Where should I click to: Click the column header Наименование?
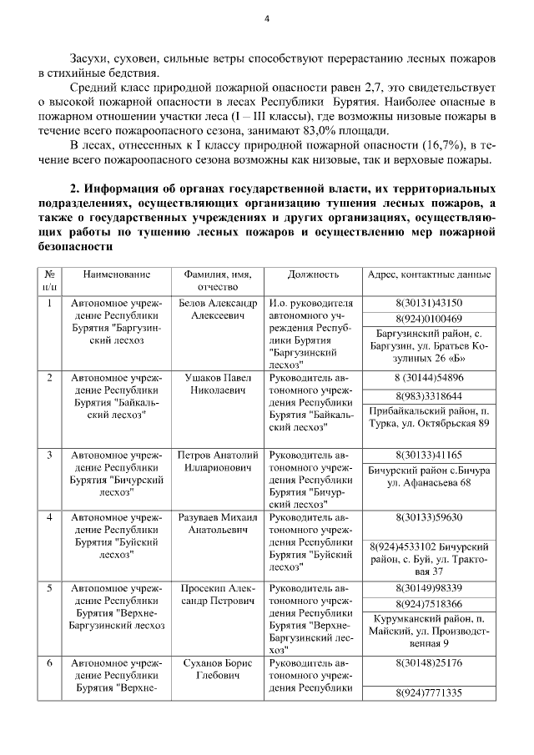(x=116, y=274)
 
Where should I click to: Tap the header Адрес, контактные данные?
(x=429, y=274)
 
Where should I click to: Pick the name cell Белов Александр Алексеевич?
(x=217, y=310)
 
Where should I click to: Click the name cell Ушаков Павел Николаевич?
(x=217, y=384)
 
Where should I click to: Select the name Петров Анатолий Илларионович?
(x=217, y=462)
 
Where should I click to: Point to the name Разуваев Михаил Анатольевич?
(x=217, y=523)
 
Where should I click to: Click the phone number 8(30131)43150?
(x=429, y=303)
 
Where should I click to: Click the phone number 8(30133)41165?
(x=429, y=455)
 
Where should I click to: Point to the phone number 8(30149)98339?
(x=429, y=588)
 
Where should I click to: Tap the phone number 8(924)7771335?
(x=429, y=693)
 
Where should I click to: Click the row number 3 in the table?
(x=50, y=455)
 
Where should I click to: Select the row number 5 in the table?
(x=50, y=588)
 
